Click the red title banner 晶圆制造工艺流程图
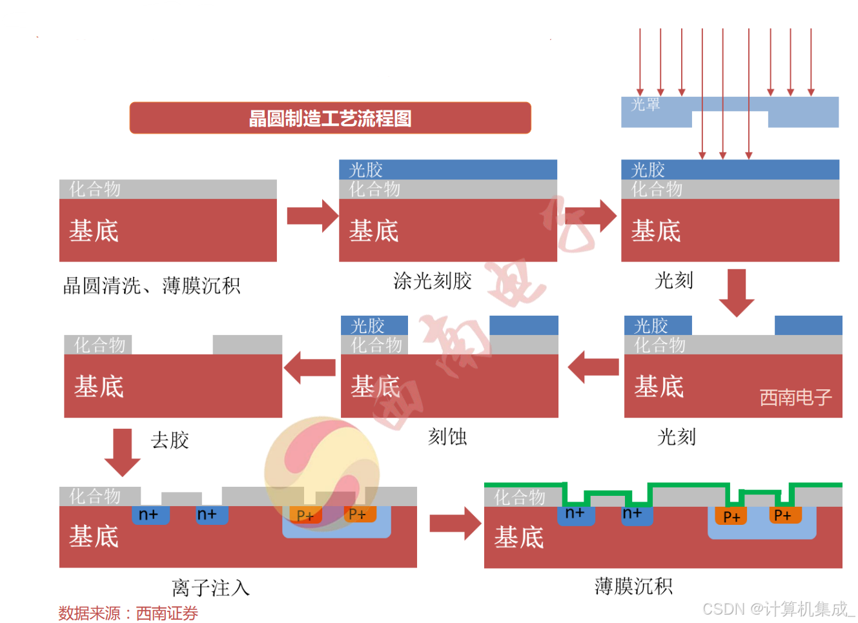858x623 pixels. (330, 118)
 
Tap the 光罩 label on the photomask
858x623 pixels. (645, 105)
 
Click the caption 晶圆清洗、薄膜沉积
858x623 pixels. (152, 285)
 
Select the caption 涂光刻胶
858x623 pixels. (433, 281)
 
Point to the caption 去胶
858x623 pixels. (170, 440)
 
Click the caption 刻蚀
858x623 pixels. (447, 437)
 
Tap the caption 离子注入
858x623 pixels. (210, 587)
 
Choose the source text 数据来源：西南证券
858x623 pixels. (128, 613)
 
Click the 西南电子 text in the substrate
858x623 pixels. (795, 397)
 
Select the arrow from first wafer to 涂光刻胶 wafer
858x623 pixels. (312, 216)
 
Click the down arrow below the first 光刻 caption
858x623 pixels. (737, 292)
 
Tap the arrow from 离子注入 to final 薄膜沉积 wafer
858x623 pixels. (455, 524)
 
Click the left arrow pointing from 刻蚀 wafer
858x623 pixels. (310, 367)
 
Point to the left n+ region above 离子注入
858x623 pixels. (148, 515)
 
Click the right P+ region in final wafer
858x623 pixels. (782, 515)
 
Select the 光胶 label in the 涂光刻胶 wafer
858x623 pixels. (365, 170)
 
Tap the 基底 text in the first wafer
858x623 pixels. (94, 230)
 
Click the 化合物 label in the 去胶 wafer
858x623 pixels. (99, 345)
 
